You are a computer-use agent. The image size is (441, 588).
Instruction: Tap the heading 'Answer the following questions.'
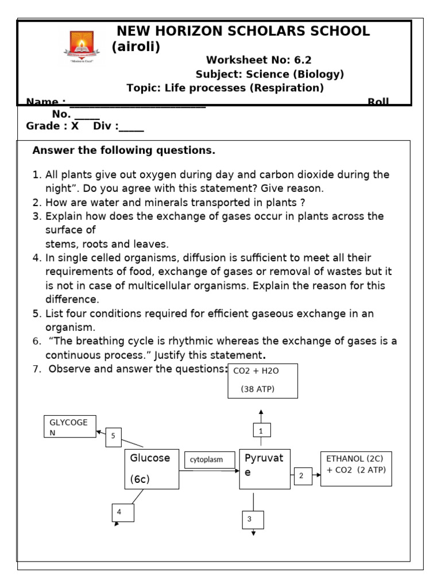123,150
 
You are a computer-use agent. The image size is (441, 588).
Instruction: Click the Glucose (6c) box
152,469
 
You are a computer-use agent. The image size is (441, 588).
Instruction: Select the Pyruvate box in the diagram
265,469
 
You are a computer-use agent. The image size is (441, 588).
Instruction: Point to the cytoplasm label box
210,459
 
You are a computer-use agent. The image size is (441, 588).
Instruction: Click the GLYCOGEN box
70,427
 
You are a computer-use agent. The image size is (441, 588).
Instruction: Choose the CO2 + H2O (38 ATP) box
262,380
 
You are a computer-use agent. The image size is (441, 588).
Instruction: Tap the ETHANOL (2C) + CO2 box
356,469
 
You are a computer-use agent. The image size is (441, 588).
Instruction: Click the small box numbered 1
261,430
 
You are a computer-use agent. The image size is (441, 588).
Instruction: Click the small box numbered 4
122,512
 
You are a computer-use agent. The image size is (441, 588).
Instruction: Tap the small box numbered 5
114,436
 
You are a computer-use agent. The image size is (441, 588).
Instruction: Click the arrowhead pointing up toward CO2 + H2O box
261,412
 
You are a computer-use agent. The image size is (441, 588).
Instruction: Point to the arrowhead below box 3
253,532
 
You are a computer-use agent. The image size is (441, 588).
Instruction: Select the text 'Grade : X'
52,126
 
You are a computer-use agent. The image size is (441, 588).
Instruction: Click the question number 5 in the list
36,314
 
